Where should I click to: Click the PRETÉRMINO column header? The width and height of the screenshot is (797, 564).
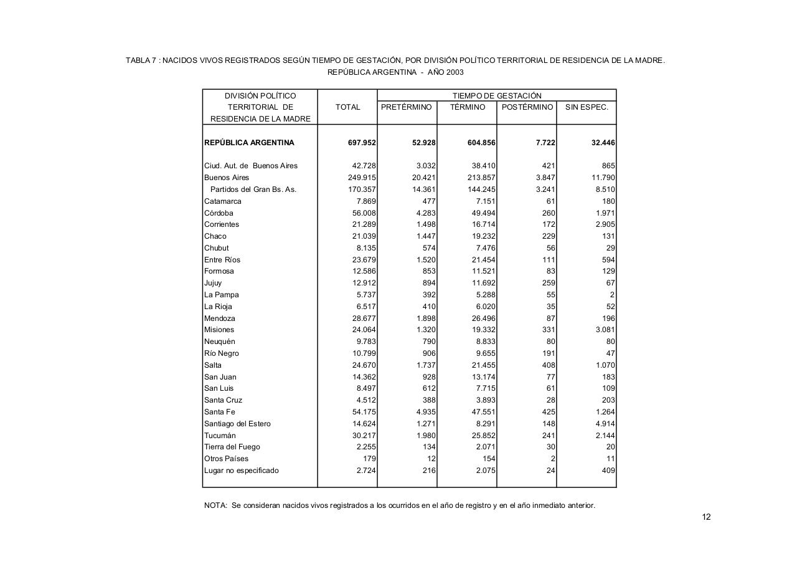click(x=406, y=107)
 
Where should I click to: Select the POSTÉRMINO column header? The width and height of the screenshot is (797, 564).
click(x=527, y=107)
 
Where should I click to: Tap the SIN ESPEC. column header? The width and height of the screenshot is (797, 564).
click(x=586, y=107)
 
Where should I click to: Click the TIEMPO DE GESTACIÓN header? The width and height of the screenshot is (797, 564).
click(x=496, y=96)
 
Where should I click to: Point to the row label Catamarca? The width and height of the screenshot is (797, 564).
click(x=222, y=201)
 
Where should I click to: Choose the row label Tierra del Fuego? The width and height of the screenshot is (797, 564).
click(x=232, y=447)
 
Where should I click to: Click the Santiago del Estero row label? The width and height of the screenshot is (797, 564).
click(x=237, y=424)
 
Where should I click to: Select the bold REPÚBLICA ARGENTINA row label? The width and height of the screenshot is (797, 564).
click(x=249, y=143)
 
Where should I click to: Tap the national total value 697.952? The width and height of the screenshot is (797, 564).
click(x=362, y=143)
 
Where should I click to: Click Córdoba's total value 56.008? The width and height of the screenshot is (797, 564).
click(x=364, y=213)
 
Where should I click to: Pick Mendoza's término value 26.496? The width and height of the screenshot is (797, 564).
click(x=484, y=318)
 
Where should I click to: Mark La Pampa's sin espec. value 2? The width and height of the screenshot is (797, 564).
click(x=613, y=295)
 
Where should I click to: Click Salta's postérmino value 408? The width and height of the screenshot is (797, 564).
click(x=549, y=365)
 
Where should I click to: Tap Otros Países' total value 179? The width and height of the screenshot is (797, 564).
click(x=369, y=459)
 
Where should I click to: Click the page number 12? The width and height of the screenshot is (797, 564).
click(x=706, y=517)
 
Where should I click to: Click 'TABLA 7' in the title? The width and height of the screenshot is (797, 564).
click(x=140, y=60)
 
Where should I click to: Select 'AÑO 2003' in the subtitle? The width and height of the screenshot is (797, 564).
click(x=445, y=72)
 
